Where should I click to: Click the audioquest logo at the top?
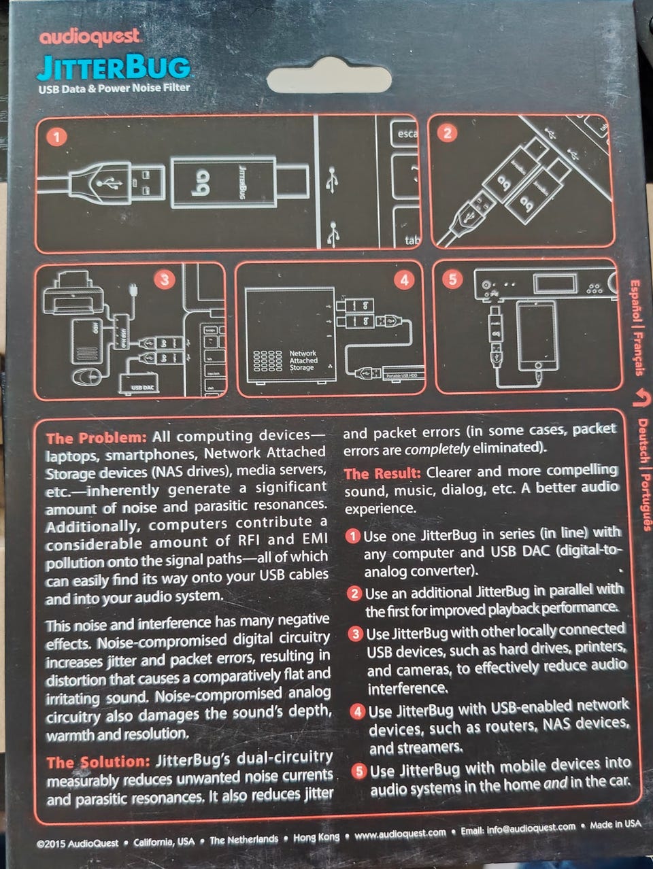[90, 37]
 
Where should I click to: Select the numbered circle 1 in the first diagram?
[56, 137]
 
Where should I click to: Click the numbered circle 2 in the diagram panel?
[447, 133]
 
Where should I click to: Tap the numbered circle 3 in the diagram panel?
[165, 280]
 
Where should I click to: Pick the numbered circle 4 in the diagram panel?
[404, 280]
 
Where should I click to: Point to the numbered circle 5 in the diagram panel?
[452, 279]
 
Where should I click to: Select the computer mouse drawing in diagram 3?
[87, 377]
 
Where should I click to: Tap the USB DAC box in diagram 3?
[139, 383]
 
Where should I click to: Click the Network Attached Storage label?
[303, 360]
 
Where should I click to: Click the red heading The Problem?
[96, 438]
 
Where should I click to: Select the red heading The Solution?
[98, 762]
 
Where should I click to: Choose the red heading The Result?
[382, 473]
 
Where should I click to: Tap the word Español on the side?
[635, 301]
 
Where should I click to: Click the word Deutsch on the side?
[642, 441]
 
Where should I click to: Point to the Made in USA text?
[616, 824]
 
